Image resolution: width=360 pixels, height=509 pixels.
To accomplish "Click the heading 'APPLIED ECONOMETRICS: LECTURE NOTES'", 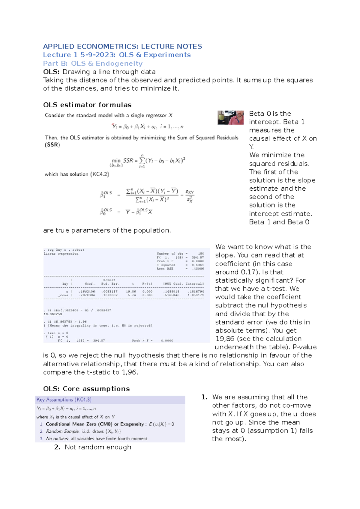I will coord(122,46).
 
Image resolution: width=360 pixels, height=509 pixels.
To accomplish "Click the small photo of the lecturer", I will coord(230,118).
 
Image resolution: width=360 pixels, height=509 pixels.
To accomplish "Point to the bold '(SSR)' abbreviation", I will coord(52,145).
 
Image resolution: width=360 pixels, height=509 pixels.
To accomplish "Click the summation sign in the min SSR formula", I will coord(142,161).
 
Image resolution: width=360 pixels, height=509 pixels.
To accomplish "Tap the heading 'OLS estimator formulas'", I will coord(87,105).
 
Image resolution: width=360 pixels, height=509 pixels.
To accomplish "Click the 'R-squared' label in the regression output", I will coord(166,265).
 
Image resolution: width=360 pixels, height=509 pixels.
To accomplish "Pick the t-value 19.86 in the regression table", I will coord(131,291).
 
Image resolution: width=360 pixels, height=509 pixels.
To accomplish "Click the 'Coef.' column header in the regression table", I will coord(90,284).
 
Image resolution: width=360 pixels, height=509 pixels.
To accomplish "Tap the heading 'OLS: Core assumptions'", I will coord(86,389).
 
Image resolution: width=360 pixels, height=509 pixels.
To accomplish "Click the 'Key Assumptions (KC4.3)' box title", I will coord(64,400).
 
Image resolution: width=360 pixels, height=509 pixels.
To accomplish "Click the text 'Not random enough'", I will coord(98,447).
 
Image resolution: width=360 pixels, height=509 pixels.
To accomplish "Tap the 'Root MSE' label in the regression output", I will coord(165,269).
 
